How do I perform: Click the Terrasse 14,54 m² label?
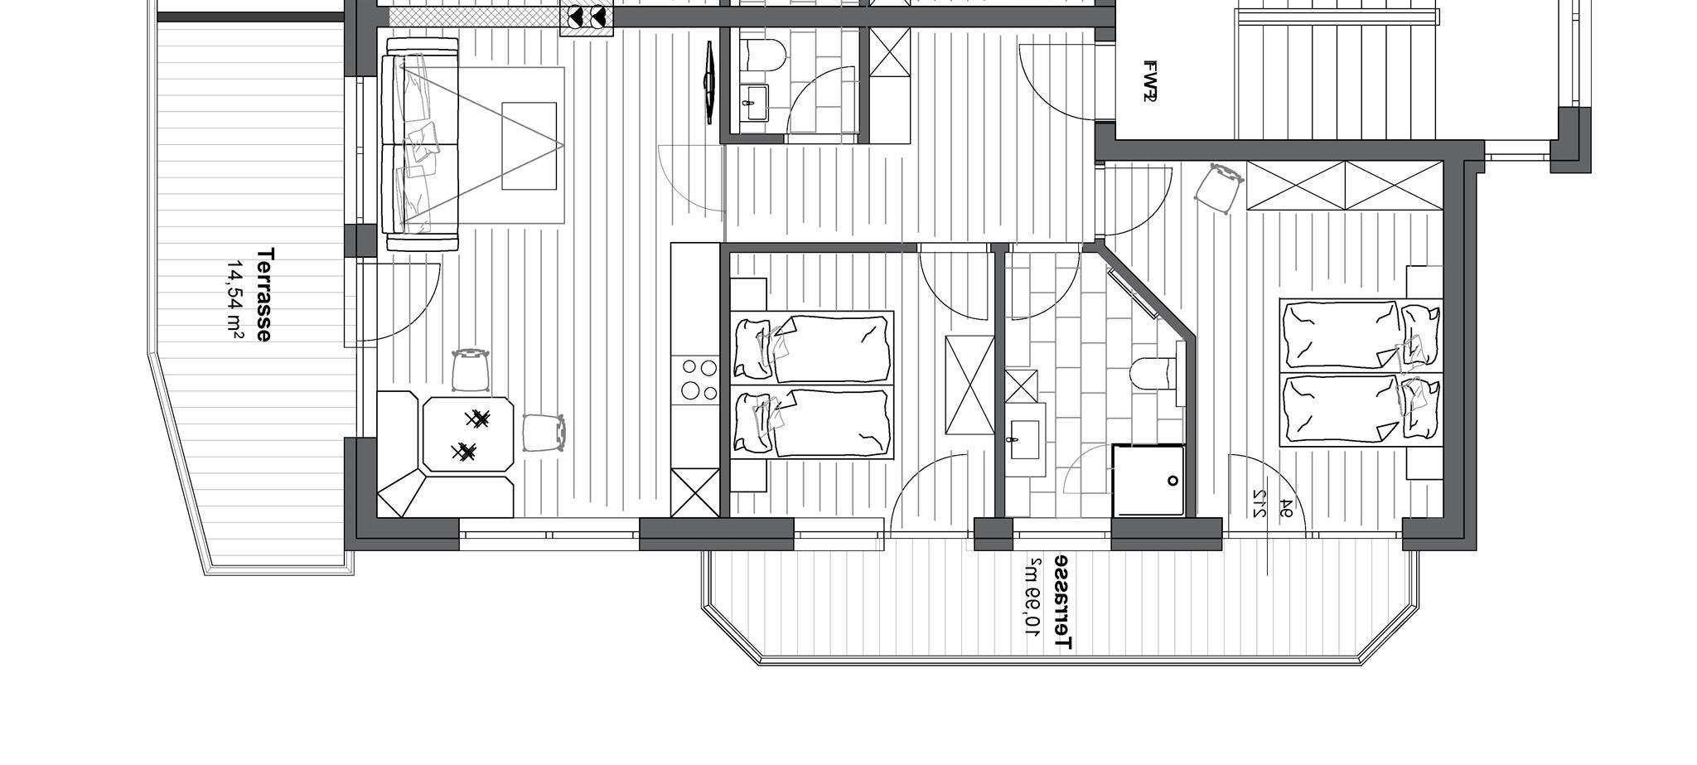point(249,293)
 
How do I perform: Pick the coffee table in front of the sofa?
point(529,146)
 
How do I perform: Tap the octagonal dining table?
point(468,435)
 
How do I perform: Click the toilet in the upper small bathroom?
point(763,56)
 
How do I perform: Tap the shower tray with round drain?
point(1148,480)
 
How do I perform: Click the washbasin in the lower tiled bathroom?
point(1027,439)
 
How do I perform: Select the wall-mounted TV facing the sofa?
point(710,82)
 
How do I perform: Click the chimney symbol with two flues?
point(587,17)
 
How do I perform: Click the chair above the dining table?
point(471,370)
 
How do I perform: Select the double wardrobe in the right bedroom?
point(1344,186)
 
